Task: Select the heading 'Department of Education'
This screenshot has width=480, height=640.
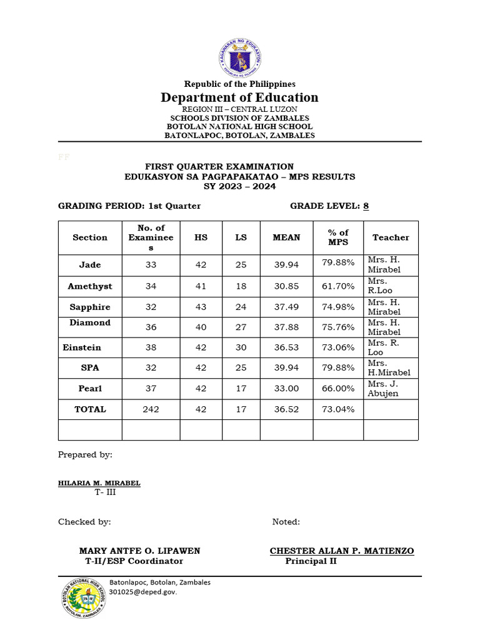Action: (x=239, y=97)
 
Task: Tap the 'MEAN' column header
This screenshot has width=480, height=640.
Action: (x=286, y=237)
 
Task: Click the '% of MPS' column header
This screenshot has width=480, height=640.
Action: (x=338, y=237)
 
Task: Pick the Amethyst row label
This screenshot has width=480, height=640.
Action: (x=90, y=286)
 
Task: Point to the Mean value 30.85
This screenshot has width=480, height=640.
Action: (x=286, y=286)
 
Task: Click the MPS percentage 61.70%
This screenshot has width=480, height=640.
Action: (x=338, y=286)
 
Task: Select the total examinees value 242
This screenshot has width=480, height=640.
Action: (x=151, y=409)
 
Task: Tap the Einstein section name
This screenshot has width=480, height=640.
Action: (x=82, y=347)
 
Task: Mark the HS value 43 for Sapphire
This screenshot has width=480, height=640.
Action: (x=201, y=307)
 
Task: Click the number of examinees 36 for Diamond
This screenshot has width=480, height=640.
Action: (x=151, y=327)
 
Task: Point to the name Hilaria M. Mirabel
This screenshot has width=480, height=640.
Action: (x=99, y=483)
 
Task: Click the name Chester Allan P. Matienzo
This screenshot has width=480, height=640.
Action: (x=341, y=551)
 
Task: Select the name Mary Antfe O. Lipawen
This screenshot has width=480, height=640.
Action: (x=139, y=551)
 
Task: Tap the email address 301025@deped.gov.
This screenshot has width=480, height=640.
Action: (x=143, y=592)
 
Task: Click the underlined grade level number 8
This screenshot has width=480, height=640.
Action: (x=366, y=206)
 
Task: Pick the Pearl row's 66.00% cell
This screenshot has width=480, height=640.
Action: (x=338, y=389)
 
